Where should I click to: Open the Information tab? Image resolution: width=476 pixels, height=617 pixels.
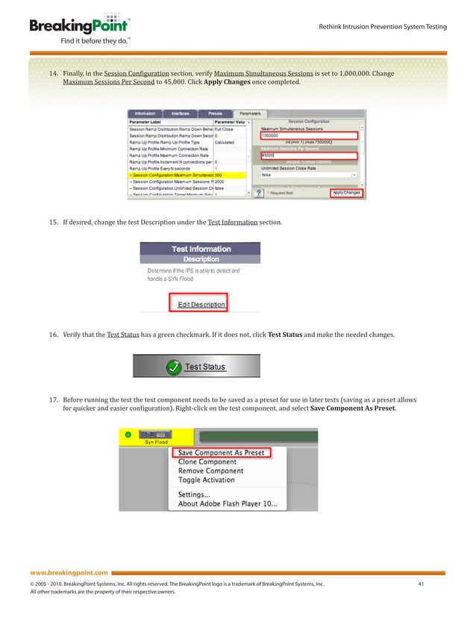tap(145, 114)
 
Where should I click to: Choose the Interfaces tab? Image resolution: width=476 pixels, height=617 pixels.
tap(180, 114)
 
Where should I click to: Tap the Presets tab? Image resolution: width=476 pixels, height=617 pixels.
tap(215, 114)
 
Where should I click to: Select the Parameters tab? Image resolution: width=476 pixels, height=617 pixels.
tap(250, 114)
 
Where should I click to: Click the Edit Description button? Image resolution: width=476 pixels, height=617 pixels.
tap(201, 304)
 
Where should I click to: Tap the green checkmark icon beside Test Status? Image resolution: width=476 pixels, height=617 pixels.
tap(173, 368)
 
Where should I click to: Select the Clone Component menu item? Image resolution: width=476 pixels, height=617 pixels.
tap(207, 462)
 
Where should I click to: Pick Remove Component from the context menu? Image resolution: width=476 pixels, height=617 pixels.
tap(210, 471)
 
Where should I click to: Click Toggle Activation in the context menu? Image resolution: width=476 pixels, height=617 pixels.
tap(207, 480)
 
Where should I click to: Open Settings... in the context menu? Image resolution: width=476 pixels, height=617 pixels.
tap(194, 494)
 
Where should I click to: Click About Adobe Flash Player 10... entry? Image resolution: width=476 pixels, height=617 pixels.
tap(228, 504)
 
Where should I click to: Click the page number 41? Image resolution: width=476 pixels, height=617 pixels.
tap(421, 583)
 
